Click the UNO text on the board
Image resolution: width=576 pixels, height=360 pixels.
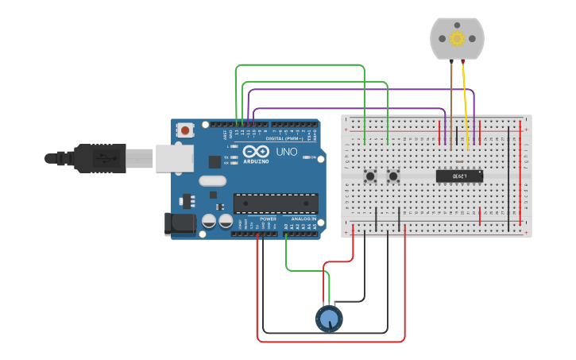286,152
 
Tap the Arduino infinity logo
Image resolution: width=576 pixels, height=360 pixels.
256,151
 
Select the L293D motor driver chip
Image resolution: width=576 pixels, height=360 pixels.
459,176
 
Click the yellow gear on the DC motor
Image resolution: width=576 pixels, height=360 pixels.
457,38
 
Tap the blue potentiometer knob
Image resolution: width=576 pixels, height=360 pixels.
329,319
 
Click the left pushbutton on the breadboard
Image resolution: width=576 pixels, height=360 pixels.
370,176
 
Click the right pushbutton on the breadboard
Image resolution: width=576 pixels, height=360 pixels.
393,176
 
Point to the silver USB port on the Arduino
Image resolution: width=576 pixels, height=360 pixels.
174,157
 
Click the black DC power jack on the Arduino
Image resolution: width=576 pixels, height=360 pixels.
179,224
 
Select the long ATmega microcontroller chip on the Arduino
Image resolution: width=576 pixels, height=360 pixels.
275,203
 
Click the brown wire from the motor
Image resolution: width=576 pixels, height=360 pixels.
451,103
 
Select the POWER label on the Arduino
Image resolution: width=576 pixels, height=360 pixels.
268,219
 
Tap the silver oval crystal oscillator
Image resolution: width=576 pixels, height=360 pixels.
213,180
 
